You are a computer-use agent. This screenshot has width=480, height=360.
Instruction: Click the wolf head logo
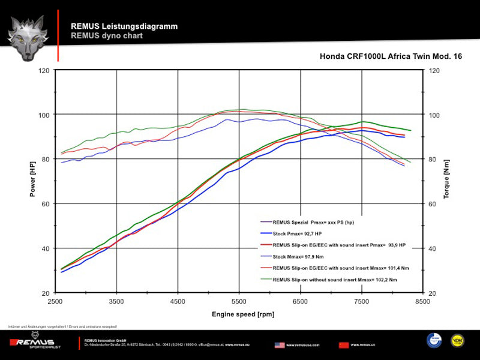click(28, 38)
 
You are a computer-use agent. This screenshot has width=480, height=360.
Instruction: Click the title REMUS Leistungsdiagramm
click(124, 26)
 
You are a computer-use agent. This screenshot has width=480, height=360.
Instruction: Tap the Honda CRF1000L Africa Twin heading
click(391, 56)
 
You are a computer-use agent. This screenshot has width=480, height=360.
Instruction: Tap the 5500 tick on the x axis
click(239, 302)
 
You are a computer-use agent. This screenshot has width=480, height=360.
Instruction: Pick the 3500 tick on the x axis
click(117, 302)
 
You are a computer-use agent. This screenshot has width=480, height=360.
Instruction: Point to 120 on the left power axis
click(44, 70)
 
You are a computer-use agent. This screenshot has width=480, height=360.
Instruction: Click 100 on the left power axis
click(44, 115)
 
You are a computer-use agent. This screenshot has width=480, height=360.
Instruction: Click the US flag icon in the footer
click(280, 345)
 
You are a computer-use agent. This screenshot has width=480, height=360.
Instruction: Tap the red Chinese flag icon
click(344, 345)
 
